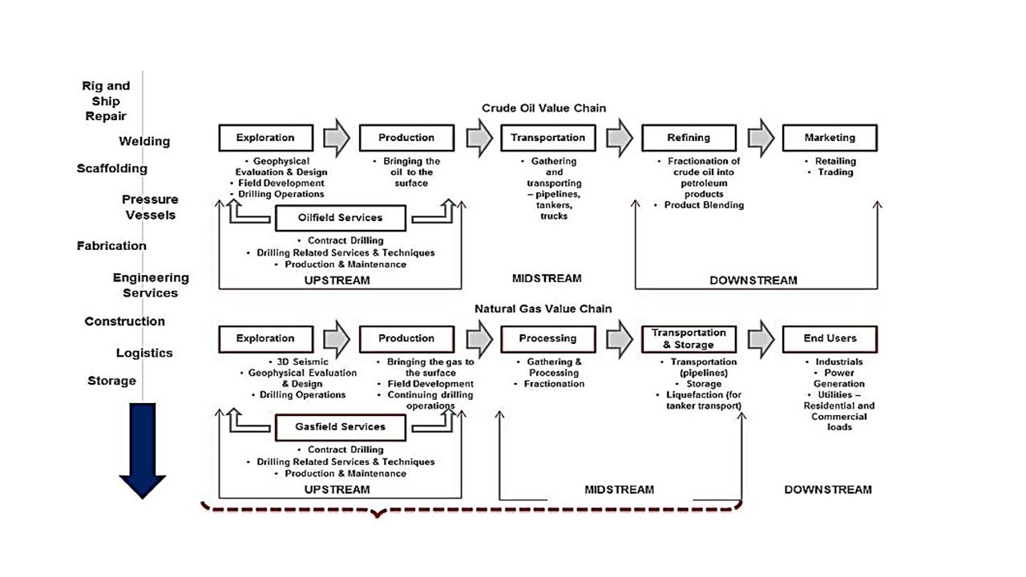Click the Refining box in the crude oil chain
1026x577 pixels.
click(689, 138)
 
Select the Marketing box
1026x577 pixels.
click(830, 138)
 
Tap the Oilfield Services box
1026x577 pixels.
click(341, 218)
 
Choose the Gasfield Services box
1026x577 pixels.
click(341, 427)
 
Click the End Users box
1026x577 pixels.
click(830, 339)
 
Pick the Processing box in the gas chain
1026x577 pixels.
click(547, 339)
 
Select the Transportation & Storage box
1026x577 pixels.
click(689, 339)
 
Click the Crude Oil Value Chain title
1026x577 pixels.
click(543, 108)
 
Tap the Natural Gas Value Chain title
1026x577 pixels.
click(543, 309)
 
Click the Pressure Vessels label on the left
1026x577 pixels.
click(150, 207)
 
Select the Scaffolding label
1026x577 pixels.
click(112, 168)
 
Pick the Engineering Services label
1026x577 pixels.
click(151, 284)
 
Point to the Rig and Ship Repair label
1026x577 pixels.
click(106, 100)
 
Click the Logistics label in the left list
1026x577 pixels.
click(144, 353)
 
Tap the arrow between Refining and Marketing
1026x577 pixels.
click(761, 138)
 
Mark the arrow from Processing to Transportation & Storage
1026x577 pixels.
click(620, 339)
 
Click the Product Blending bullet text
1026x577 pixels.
click(704, 205)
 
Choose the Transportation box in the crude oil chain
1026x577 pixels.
click(547, 138)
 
